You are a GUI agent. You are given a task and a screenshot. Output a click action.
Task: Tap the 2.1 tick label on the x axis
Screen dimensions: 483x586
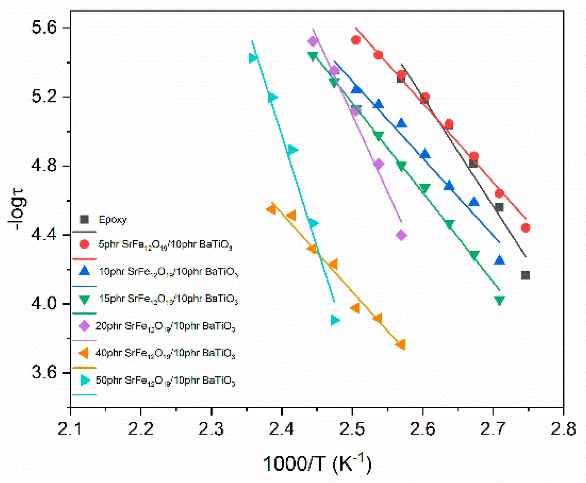point(70,429)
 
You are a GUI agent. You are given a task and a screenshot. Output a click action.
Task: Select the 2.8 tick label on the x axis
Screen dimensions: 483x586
point(563,429)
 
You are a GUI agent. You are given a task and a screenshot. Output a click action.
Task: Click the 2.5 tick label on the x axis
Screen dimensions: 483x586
point(352,429)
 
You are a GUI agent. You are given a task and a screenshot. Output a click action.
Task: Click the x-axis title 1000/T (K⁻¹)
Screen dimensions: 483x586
point(317,463)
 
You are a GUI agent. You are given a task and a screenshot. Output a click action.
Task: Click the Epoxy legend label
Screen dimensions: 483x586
point(113,220)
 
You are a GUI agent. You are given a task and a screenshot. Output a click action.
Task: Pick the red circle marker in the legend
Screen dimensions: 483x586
point(84,244)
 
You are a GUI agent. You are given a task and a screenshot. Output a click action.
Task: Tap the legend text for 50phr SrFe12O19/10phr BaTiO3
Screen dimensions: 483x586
point(165,381)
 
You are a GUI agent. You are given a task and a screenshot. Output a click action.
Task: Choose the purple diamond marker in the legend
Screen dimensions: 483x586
point(84,326)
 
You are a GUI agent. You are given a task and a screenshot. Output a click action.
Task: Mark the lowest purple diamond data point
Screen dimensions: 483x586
point(401,235)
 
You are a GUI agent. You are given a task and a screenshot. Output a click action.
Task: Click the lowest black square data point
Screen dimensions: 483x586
point(525,275)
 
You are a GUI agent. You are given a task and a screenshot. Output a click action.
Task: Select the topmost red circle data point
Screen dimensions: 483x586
point(356,40)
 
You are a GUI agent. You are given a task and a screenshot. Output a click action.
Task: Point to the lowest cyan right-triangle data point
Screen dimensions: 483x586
point(335,320)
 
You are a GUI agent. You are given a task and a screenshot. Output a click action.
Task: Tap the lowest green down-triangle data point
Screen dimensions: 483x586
point(499,301)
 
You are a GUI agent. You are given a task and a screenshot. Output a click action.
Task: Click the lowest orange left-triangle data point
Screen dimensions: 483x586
point(401,344)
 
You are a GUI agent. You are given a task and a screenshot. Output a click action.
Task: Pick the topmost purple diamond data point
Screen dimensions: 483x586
point(313,41)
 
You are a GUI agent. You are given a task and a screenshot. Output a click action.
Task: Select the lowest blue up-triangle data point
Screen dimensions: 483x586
point(499,260)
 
